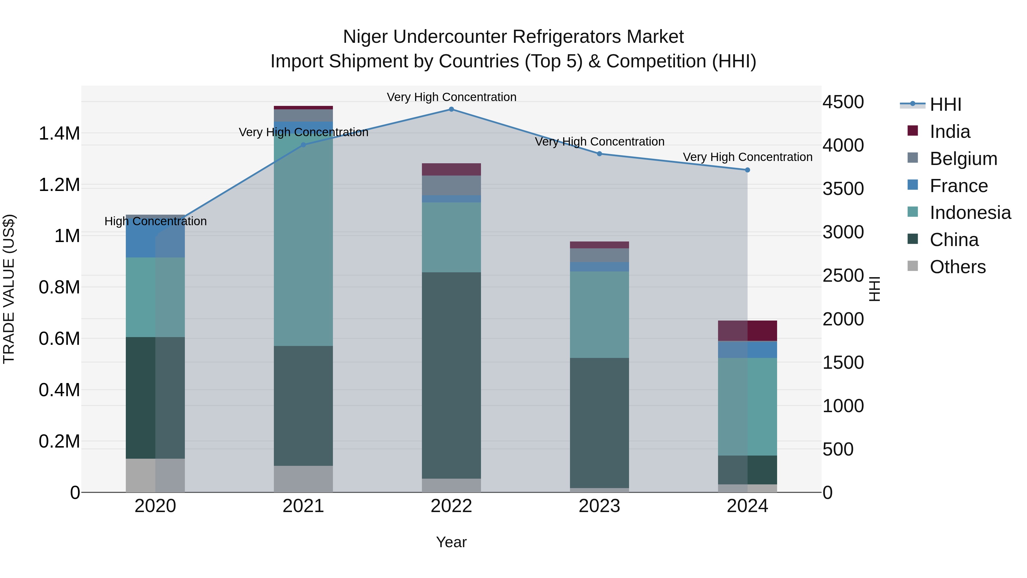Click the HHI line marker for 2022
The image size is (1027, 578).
click(x=451, y=109)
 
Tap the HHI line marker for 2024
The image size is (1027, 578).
click(x=747, y=170)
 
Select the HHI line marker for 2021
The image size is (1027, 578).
click(x=304, y=145)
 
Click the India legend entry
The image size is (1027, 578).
click(x=950, y=132)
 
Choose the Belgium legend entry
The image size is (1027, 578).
click(x=963, y=159)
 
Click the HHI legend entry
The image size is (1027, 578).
click(x=945, y=104)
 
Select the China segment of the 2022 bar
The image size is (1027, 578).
click(x=451, y=375)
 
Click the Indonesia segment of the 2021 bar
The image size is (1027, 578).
click(x=304, y=239)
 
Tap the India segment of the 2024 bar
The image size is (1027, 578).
click(x=747, y=331)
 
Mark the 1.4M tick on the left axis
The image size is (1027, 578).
click(x=59, y=134)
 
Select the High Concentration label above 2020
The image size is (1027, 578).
click(x=155, y=221)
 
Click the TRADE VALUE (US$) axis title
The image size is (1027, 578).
click(x=9, y=289)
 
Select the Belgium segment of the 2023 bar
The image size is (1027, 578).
click(x=599, y=255)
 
